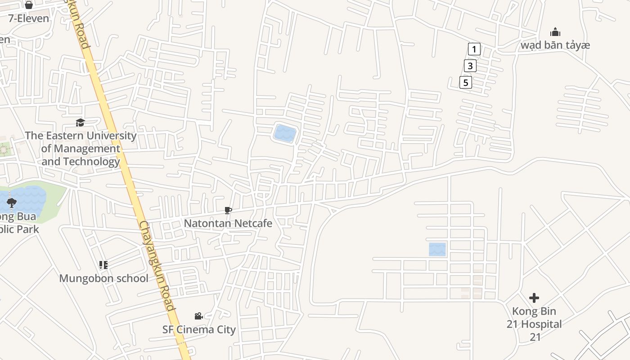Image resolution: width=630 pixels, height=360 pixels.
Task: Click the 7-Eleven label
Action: point(29,18)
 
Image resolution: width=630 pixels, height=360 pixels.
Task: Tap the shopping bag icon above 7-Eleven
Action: point(29,5)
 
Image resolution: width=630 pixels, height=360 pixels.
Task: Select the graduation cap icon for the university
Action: point(80,122)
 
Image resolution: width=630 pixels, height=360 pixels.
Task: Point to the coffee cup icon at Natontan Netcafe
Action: point(228,210)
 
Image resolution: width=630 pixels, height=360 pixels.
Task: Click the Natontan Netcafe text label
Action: point(228,223)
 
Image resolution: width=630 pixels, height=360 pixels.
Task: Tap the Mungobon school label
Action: point(103,278)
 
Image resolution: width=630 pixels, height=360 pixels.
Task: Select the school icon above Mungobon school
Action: point(103,265)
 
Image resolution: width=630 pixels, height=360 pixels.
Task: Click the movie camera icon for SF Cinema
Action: point(198,316)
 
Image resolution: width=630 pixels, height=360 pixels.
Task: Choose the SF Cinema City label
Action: point(199,329)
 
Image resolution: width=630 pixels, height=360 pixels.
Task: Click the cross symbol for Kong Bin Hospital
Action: point(534,298)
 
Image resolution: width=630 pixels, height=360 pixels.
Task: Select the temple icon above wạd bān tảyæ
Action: point(555,32)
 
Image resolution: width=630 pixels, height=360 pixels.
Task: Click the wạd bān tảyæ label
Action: point(555,45)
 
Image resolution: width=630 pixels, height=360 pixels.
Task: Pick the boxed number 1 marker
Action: point(474,49)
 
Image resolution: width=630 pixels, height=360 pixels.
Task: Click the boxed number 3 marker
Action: point(470,66)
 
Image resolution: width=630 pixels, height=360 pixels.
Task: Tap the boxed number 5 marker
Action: point(466,82)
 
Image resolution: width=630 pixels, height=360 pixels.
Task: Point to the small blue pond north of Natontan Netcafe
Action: point(285,134)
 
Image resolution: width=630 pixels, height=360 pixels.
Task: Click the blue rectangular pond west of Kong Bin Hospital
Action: point(437,249)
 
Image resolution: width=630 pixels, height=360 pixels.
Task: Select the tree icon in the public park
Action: point(12,203)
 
